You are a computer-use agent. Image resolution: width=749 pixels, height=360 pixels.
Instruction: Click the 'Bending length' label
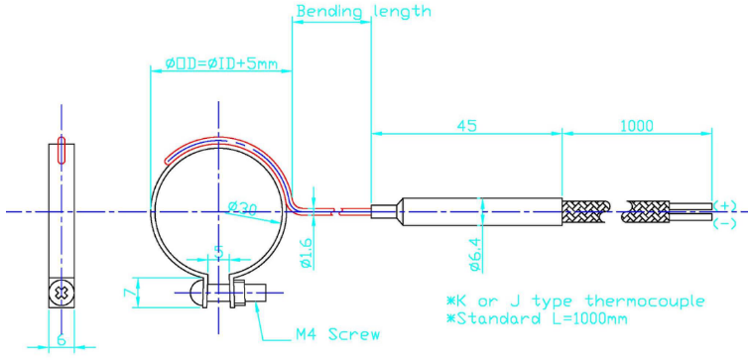point(363,11)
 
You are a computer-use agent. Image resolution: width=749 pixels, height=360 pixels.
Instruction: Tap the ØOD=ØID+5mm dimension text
point(221,63)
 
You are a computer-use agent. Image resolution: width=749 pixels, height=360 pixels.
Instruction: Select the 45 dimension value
point(466,126)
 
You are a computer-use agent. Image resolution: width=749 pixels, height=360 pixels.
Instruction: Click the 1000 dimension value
point(636,126)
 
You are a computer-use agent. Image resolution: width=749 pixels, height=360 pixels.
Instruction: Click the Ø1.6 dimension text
point(308,253)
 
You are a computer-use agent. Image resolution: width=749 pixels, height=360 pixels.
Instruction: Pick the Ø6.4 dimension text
point(476,257)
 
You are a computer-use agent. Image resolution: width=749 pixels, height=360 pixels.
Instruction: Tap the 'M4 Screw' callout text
point(335,334)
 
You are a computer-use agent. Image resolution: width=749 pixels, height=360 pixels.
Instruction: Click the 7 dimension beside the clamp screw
point(129,293)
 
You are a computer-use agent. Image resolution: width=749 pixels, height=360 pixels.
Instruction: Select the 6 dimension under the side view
point(62,340)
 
